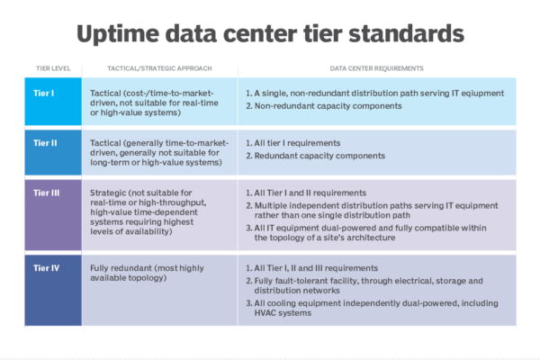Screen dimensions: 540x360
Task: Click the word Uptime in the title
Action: (118, 34)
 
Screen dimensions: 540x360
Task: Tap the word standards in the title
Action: (406, 33)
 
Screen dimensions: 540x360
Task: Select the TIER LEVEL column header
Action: (53, 68)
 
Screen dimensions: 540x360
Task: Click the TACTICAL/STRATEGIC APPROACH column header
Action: (159, 68)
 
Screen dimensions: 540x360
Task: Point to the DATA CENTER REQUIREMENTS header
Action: (377, 68)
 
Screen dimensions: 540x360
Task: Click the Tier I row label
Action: (44, 94)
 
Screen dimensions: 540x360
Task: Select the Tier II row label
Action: (45, 143)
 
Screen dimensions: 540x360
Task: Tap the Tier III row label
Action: (47, 193)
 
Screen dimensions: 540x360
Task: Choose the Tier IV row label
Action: (47, 268)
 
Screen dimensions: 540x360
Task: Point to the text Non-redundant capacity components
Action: (328, 106)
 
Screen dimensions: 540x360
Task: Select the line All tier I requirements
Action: (297, 143)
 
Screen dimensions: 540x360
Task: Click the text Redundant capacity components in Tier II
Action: (319, 156)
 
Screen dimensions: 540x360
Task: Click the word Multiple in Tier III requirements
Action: (270, 206)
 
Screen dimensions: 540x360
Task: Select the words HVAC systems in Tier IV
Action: (283, 313)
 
